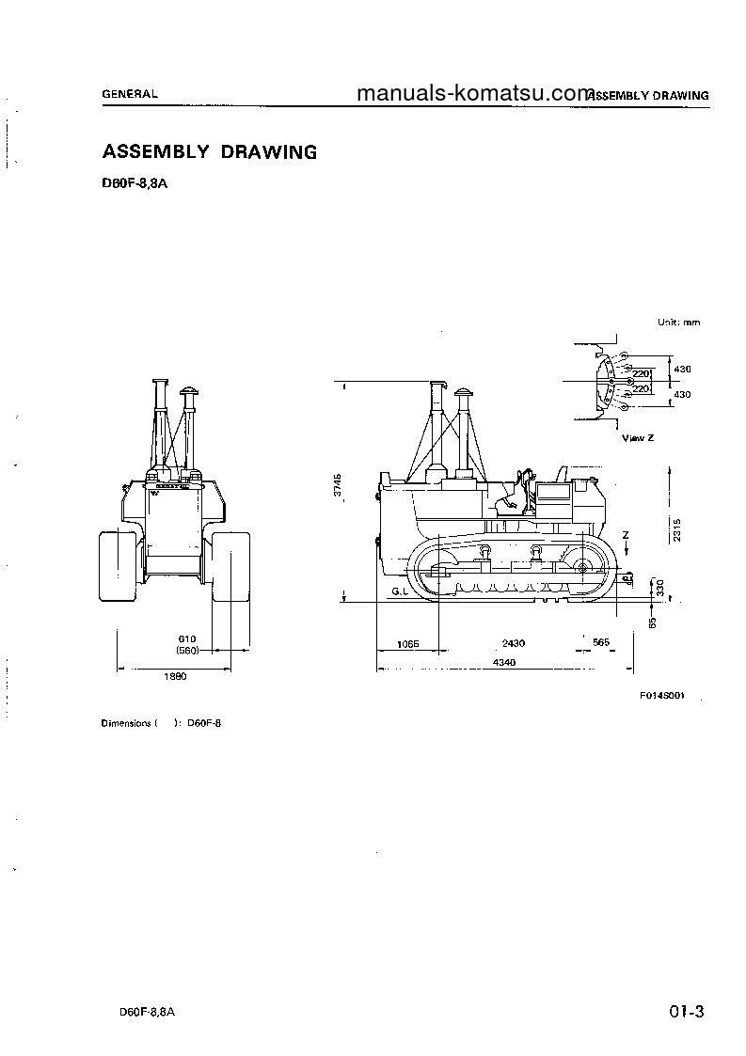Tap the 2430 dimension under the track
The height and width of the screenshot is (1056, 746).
coord(513,643)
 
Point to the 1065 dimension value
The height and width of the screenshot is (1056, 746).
coord(407,643)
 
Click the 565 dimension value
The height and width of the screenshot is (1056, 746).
coord(601,643)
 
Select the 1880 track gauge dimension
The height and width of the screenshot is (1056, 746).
coord(175,676)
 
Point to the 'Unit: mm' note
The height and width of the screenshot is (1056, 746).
coord(678,323)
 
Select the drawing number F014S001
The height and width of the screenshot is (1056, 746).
coord(661,696)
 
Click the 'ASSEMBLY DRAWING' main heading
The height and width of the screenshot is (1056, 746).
coord(209,151)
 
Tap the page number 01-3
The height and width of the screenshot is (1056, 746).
coord(687,1012)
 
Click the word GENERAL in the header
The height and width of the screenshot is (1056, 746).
coord(130,94)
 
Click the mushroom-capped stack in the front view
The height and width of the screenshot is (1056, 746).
coord(190,390)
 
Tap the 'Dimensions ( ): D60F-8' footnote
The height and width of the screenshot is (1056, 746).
coord(160,723)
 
